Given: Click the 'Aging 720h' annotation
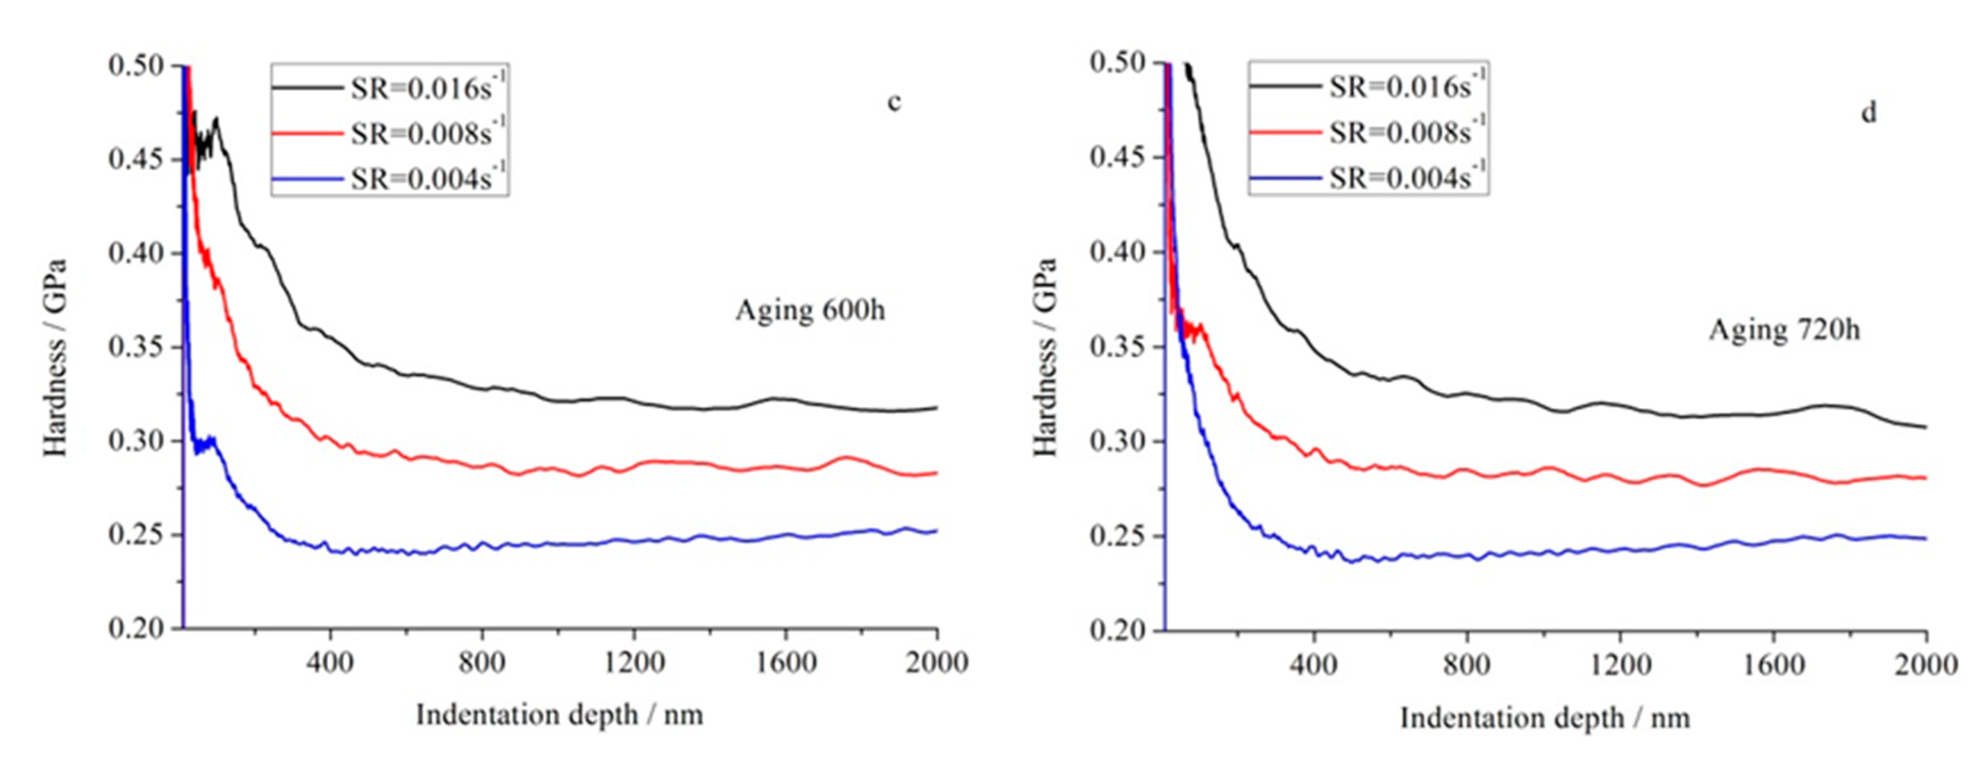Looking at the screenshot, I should tap(1784, 331).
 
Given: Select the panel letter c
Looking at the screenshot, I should tap(894, 102).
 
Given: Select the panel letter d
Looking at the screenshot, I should tap(1868, 113).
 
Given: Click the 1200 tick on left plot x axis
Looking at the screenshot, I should tap(633, 662).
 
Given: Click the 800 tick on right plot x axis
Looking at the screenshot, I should tap(1466, 664).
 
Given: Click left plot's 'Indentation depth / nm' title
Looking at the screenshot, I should tap(559, 715).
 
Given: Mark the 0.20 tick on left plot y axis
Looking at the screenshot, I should tap(136, 629).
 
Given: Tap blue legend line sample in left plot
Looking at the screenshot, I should tap(307, 179).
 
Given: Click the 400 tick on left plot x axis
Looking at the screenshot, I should tap(330, 662).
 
